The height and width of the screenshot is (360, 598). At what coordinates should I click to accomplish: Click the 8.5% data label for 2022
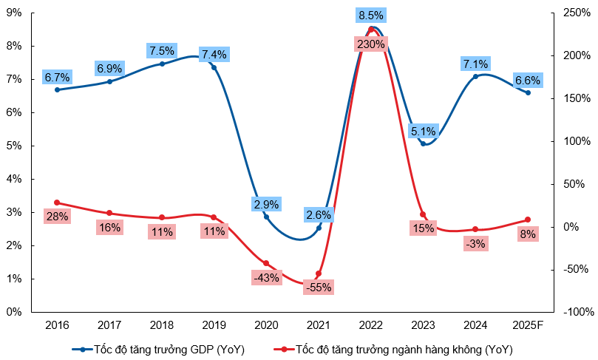(x=370, y=15)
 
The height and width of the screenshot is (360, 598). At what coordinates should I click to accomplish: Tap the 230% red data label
(x=370, y=44)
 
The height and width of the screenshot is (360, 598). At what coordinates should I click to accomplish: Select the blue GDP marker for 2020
(x=266, y=217)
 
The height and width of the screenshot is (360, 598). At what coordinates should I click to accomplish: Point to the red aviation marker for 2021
(x=319, y=274)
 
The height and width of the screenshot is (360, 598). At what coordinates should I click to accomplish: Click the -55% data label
(x=319, y=288)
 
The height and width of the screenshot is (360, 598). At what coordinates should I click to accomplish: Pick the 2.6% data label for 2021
(x=319, y=214)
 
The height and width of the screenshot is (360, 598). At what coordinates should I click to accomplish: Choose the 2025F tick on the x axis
(x=528, y=325)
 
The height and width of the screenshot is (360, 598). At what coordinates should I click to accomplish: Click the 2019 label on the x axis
(x=214, y=325)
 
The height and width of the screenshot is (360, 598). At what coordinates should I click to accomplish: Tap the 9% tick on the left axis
(x=13, y=13)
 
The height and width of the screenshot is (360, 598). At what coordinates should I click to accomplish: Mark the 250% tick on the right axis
(x=577, y=13)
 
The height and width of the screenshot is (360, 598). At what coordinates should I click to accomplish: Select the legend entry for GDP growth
(x=158, y=349)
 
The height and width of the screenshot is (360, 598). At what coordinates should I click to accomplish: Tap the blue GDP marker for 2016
(x=57, y=89)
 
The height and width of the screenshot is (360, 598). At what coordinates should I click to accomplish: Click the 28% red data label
(x=57, y=217)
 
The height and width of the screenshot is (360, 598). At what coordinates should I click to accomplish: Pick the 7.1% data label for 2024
(x=475, y=63)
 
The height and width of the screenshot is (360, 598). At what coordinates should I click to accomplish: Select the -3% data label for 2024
(x=475, y=243)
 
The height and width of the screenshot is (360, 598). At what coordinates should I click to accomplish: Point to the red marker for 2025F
(x=528, y=220)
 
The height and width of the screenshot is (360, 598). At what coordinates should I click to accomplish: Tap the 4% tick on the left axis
(x=13, y=179)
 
